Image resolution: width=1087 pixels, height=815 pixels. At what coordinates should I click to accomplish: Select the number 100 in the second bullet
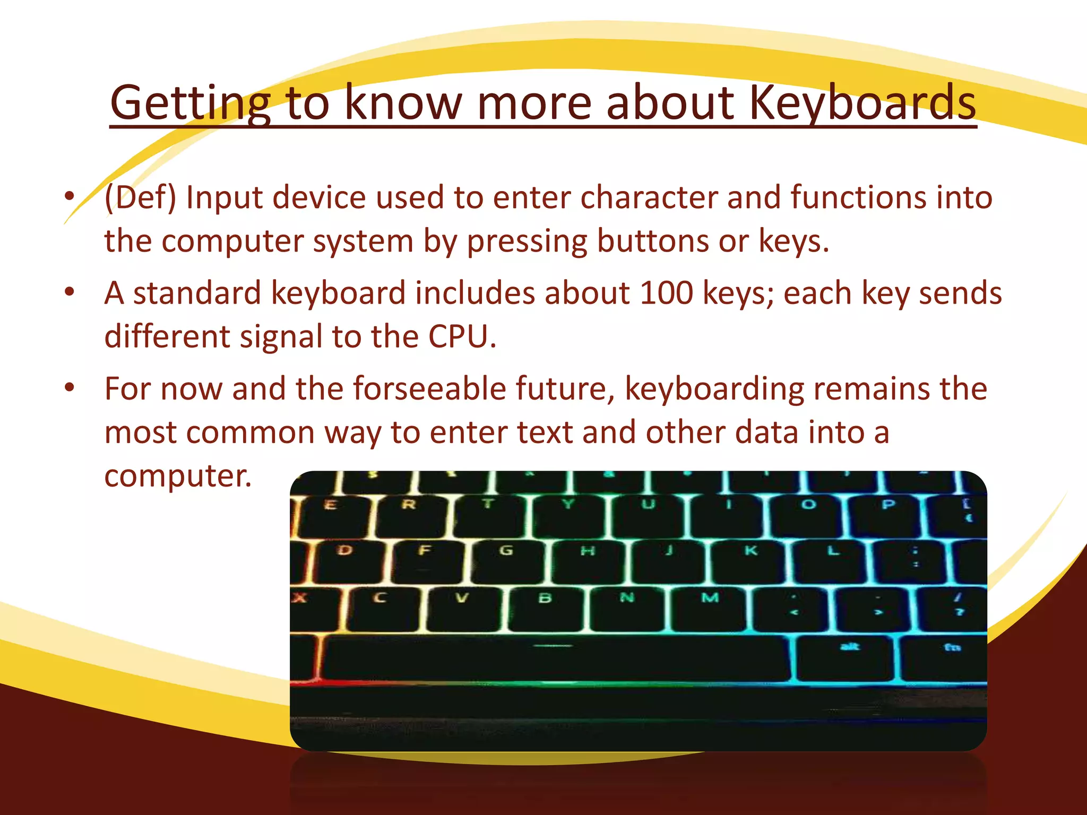tap(667, 293)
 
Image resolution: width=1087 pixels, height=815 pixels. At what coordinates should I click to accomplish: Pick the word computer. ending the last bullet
tap(177, 475)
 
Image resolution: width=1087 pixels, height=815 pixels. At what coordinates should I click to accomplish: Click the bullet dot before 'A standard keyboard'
tap(69, 292)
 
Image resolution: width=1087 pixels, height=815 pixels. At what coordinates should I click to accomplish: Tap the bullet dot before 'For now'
tap(69, 388)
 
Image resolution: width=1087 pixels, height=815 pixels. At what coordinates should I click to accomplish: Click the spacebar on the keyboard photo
tap(555, 658)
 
